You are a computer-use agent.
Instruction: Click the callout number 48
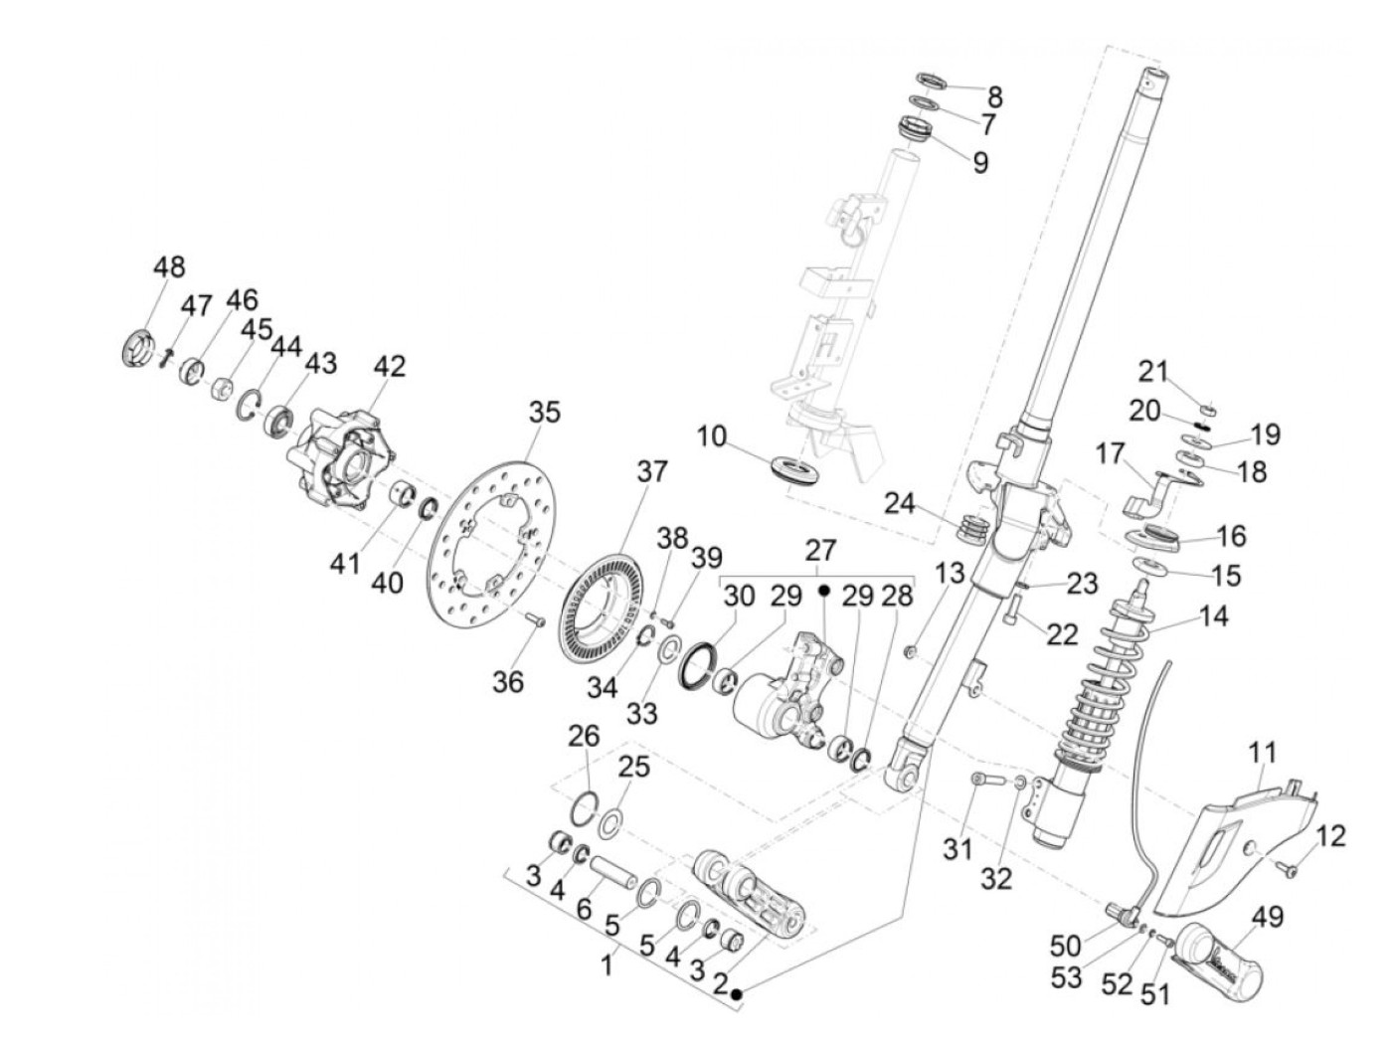tap(169, 267)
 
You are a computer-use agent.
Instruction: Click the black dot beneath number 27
tap(823, 590)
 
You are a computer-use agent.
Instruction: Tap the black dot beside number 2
tap(737, 994)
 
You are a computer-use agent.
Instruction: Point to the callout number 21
tap(1152, 372)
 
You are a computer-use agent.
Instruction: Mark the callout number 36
tap(507, 681)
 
